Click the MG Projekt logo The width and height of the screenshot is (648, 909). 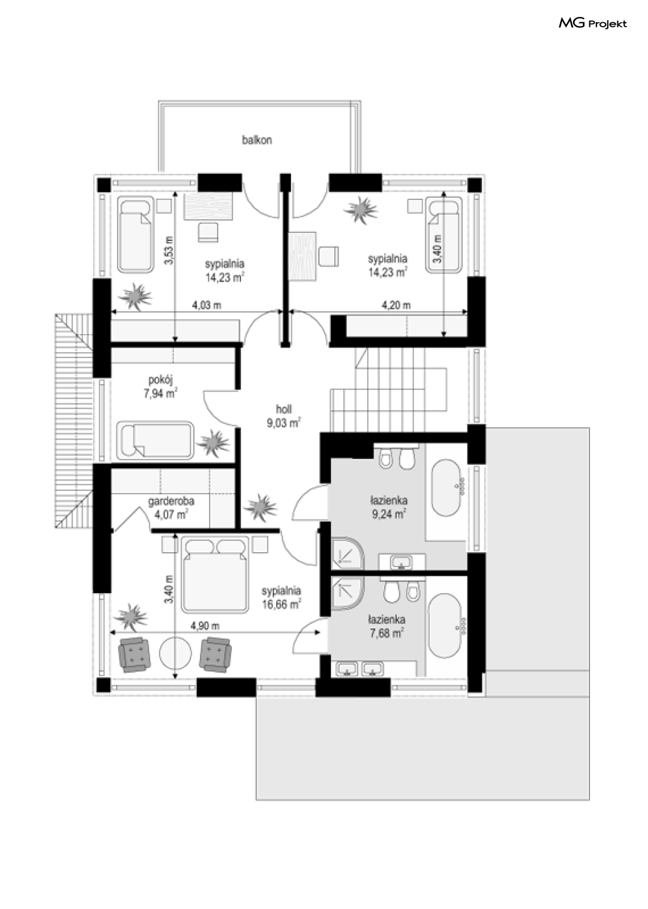(593, 23)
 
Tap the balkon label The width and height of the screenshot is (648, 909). (257, 140)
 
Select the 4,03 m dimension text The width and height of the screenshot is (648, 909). (206, 305)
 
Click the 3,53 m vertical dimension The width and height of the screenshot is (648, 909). (169, 251)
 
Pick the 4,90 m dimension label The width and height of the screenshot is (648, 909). (205, 626)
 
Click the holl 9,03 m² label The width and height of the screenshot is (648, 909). (284, 416)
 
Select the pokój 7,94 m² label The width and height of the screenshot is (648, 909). (161, 387)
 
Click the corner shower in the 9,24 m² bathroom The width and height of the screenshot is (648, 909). (348, 553)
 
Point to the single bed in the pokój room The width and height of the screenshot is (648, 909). (155, 440)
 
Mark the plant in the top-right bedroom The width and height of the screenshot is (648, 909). (360, 209)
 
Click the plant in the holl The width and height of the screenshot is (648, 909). (261, 507)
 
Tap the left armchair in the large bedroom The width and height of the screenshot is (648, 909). (134, 654)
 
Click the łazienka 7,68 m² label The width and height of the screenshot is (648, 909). (387, 626)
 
